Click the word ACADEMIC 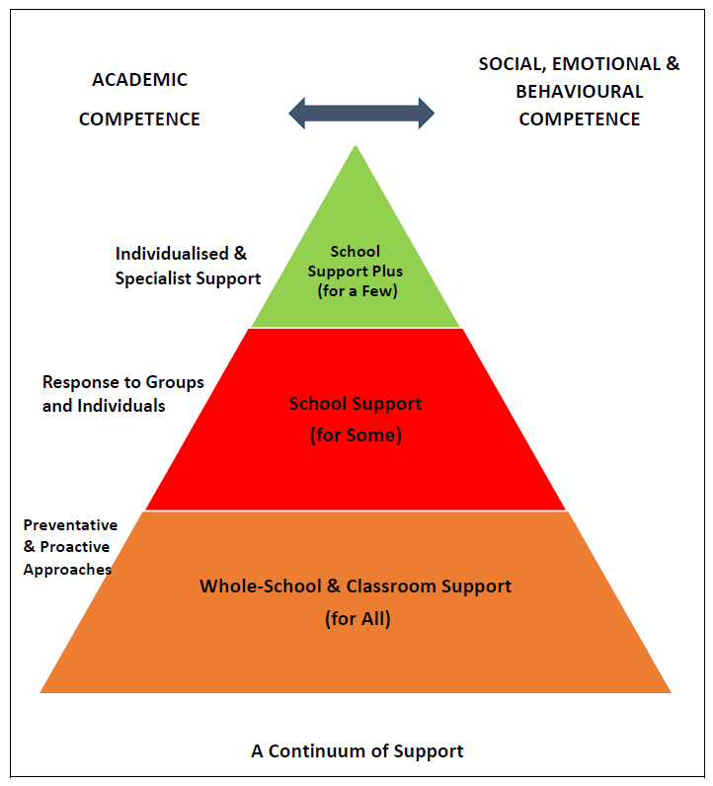coord(140,80)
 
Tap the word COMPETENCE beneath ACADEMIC coord(139,119)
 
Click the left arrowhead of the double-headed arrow coord(297,114)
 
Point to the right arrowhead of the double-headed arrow coord(427,114)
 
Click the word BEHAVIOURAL coord(580,92)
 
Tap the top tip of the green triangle coord(356,146)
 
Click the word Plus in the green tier coord(387,272)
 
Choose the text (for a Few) coord(357,290)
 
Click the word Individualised coord(172,254)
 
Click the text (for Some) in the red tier coord(356,434)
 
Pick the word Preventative coord(71,525)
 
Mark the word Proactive coord(75,546)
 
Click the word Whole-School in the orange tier coord(261,586)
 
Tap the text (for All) coord(357,618)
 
